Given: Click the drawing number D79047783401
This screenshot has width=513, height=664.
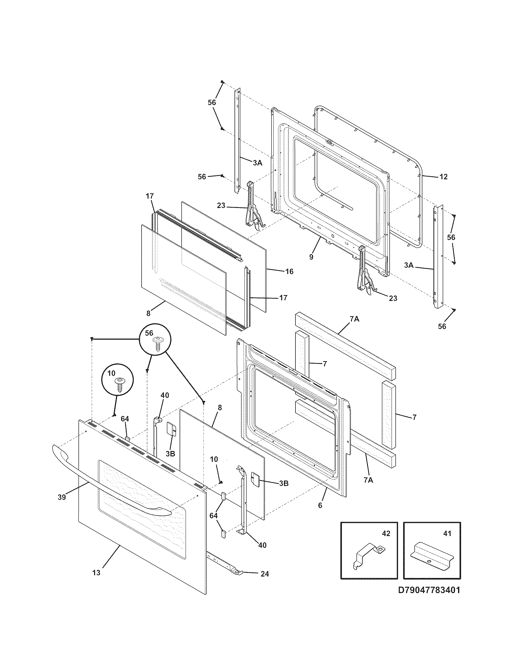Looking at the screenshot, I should coord(429,599).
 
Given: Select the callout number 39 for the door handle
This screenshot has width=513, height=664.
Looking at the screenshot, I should coord(62,497).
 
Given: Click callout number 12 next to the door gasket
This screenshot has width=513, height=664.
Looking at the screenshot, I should coord(443,177).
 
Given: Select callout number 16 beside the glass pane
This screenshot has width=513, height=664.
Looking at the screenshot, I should coord(289,271).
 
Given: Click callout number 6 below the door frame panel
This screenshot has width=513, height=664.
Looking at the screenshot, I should coord(320,505).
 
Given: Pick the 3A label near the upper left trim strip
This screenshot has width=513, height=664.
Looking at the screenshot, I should coord(257,163).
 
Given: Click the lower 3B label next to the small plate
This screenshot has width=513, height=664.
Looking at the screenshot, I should coord(283,483).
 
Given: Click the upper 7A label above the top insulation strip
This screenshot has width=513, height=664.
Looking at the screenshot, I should coord(354,319).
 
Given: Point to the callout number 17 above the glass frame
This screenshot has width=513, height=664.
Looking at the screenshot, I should coord(149,196).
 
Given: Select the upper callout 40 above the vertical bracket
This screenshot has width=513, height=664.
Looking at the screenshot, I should coord(165,395).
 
